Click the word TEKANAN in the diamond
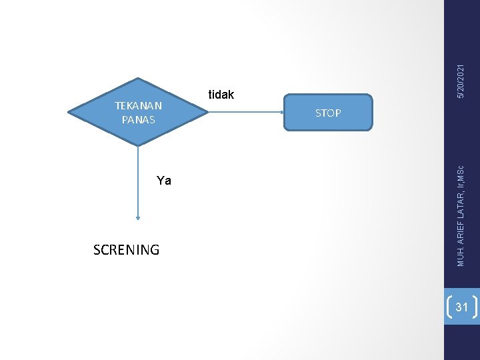pos(138,105)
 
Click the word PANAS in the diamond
pos(138,120)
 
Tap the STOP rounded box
pos(327,113)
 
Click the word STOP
pos(327,113)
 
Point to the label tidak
pos(221,95)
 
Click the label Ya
pos(164,181)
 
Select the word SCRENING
pos(127,250)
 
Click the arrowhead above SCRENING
pos(138,217)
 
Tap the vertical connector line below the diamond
pos(138,180)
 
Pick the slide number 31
pos(461,307)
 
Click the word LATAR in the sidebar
pos(461,199)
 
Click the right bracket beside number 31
pos(475,307)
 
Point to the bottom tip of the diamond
pos(138,145)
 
